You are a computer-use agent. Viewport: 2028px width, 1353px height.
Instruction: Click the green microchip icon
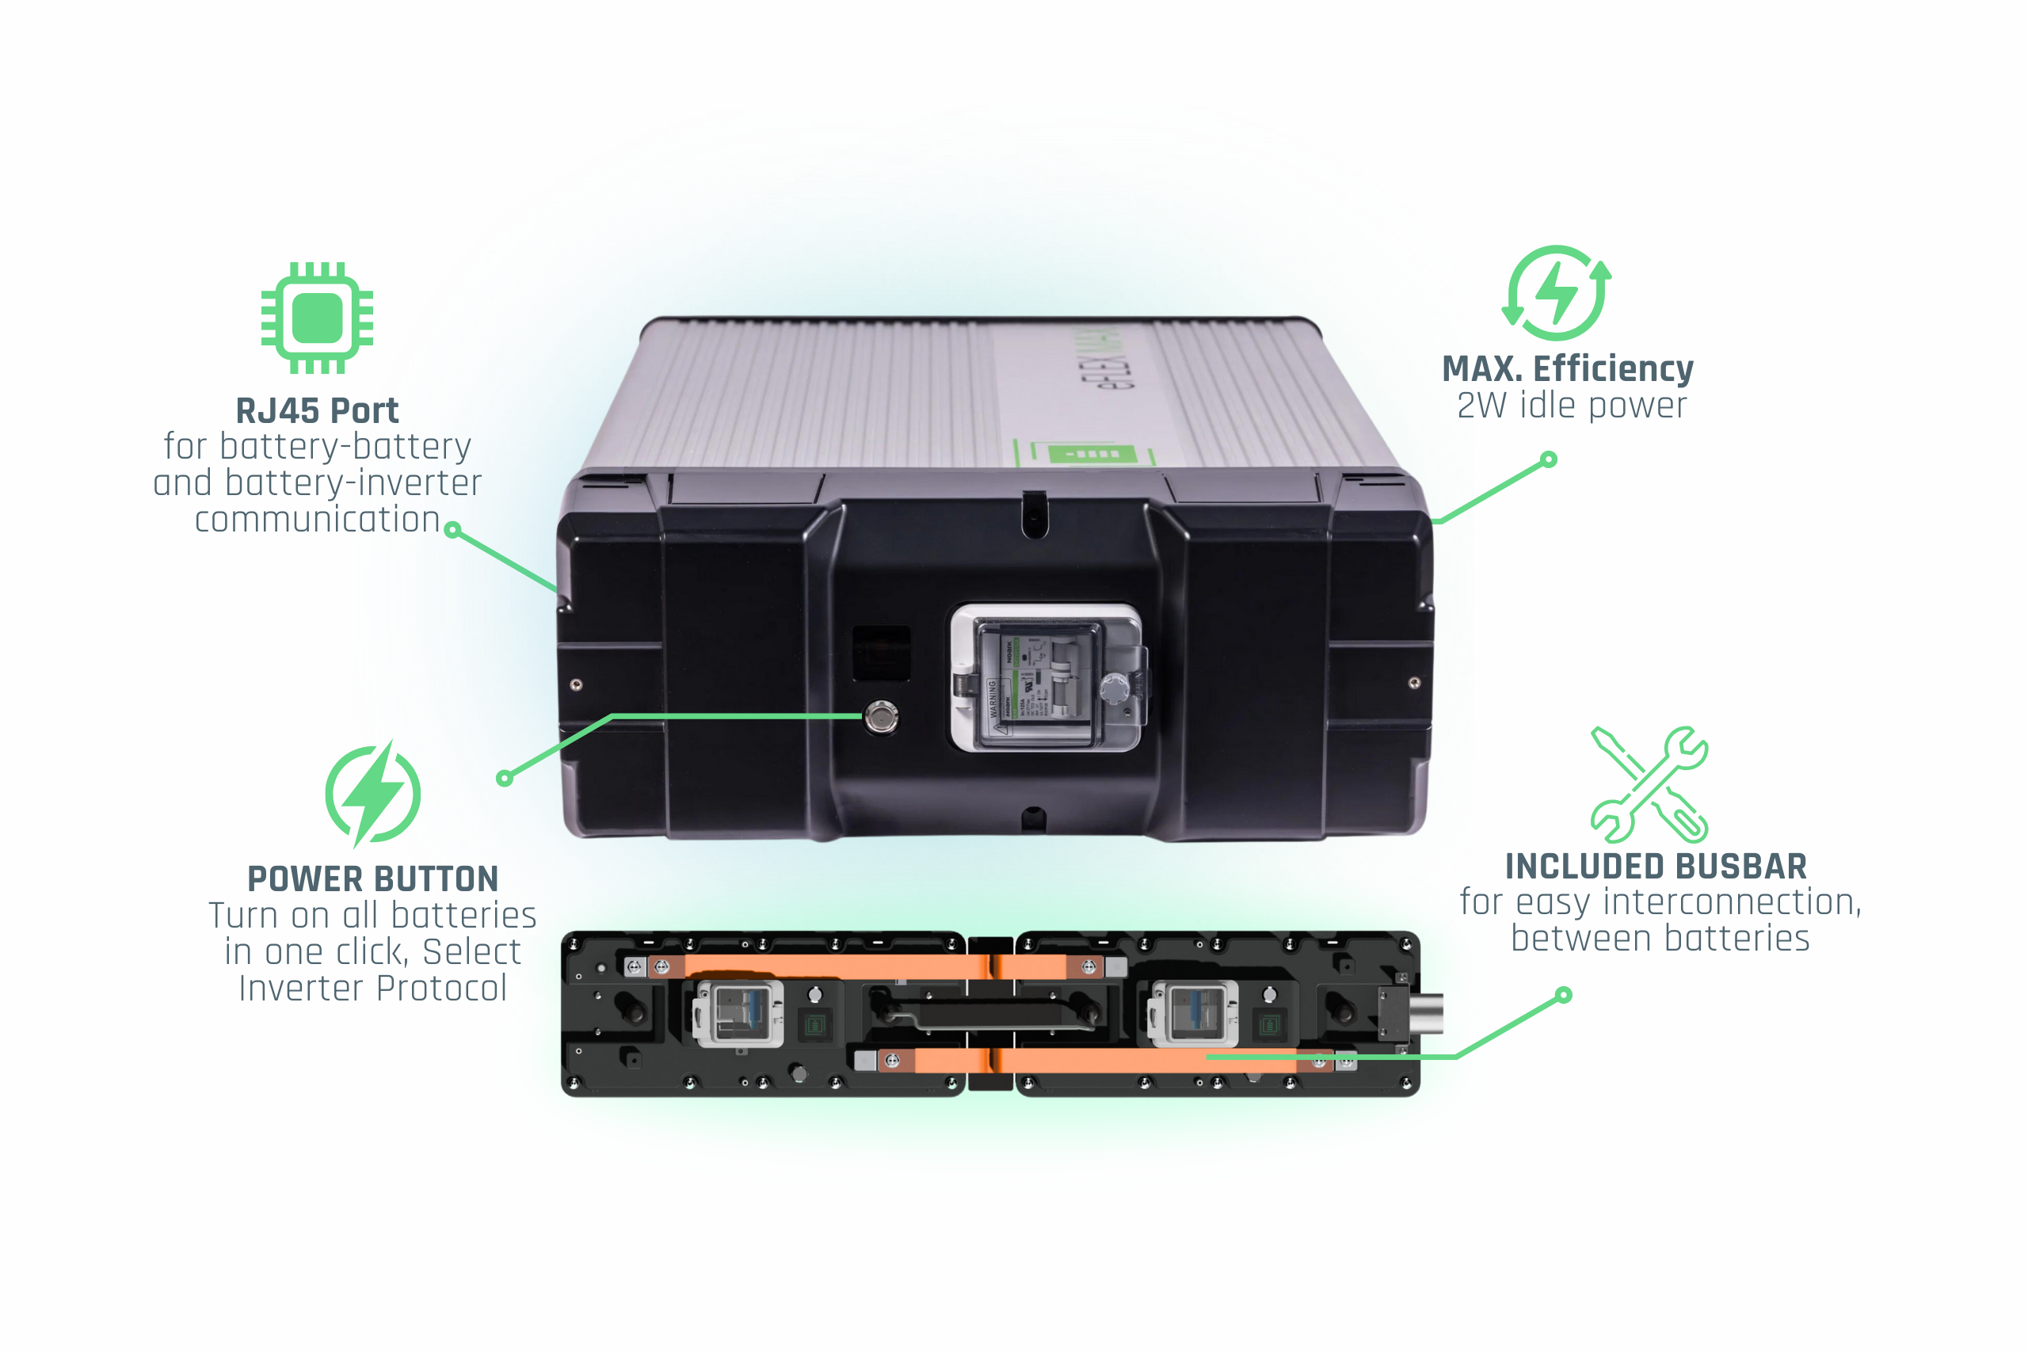[x=318, y=318]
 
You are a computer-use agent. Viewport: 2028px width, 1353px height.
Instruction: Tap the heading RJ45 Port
[x=317, y=410]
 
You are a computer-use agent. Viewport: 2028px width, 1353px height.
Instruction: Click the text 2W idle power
[x=1572, y=406]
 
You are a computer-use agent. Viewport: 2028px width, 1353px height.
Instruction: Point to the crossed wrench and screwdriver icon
[x=1649, y=783]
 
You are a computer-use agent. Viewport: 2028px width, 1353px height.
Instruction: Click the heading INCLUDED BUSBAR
[x=1655, y=867]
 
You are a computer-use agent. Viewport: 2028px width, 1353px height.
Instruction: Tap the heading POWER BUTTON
[x=373, y=879]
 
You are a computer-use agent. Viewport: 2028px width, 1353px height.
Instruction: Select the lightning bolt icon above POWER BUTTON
[x=373, y=794]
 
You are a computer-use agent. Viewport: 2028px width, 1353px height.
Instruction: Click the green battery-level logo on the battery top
[x=1089, y=454]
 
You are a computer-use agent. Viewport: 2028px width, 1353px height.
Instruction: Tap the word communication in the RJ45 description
[x=318, y=520]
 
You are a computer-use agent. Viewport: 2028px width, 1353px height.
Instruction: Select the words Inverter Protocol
[x=373, y=989]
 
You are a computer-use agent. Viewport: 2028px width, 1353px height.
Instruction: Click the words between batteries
[x=1660, y=939]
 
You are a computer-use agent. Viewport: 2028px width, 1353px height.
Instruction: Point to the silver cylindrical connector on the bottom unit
[x=1426, y=1013]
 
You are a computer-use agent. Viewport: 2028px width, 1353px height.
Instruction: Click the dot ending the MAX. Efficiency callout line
[x=1549, y=460]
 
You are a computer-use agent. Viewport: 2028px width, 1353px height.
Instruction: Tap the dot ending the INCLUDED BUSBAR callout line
[x=1564, y=996]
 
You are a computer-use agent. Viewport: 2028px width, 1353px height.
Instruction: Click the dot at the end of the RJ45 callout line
[x=452, y=530]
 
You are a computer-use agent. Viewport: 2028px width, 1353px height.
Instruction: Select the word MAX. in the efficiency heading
[x=1481, y=369]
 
